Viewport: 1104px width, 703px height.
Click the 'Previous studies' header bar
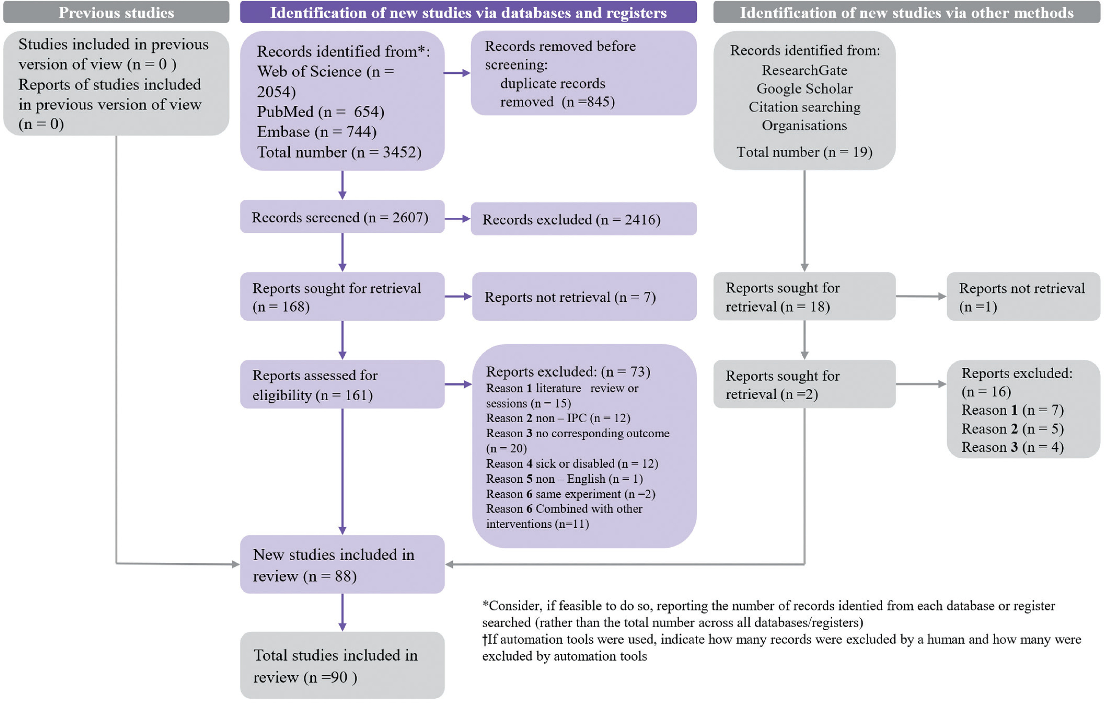(116, 12)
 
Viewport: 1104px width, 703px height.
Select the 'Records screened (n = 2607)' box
(342, 217)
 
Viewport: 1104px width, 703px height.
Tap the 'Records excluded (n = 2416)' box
(583, 219)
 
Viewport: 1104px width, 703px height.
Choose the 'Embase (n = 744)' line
(317, 132)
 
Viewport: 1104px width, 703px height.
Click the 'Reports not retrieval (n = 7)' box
(584, 297)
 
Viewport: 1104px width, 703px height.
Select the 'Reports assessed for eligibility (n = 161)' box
(342, 384)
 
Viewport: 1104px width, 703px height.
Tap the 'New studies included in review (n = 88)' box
(342, 565)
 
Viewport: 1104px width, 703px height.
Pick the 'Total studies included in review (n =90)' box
(342, 665)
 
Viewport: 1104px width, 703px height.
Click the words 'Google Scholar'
(804, 88)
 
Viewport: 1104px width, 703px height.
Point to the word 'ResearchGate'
(804, 70)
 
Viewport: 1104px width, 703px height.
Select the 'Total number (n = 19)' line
(804, 152)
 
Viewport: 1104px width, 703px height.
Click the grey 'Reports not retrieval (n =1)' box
(1023, 297)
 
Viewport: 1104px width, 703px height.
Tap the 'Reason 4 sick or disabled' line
(572, 464)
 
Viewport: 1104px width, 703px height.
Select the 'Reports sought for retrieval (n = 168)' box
(342, 297)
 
